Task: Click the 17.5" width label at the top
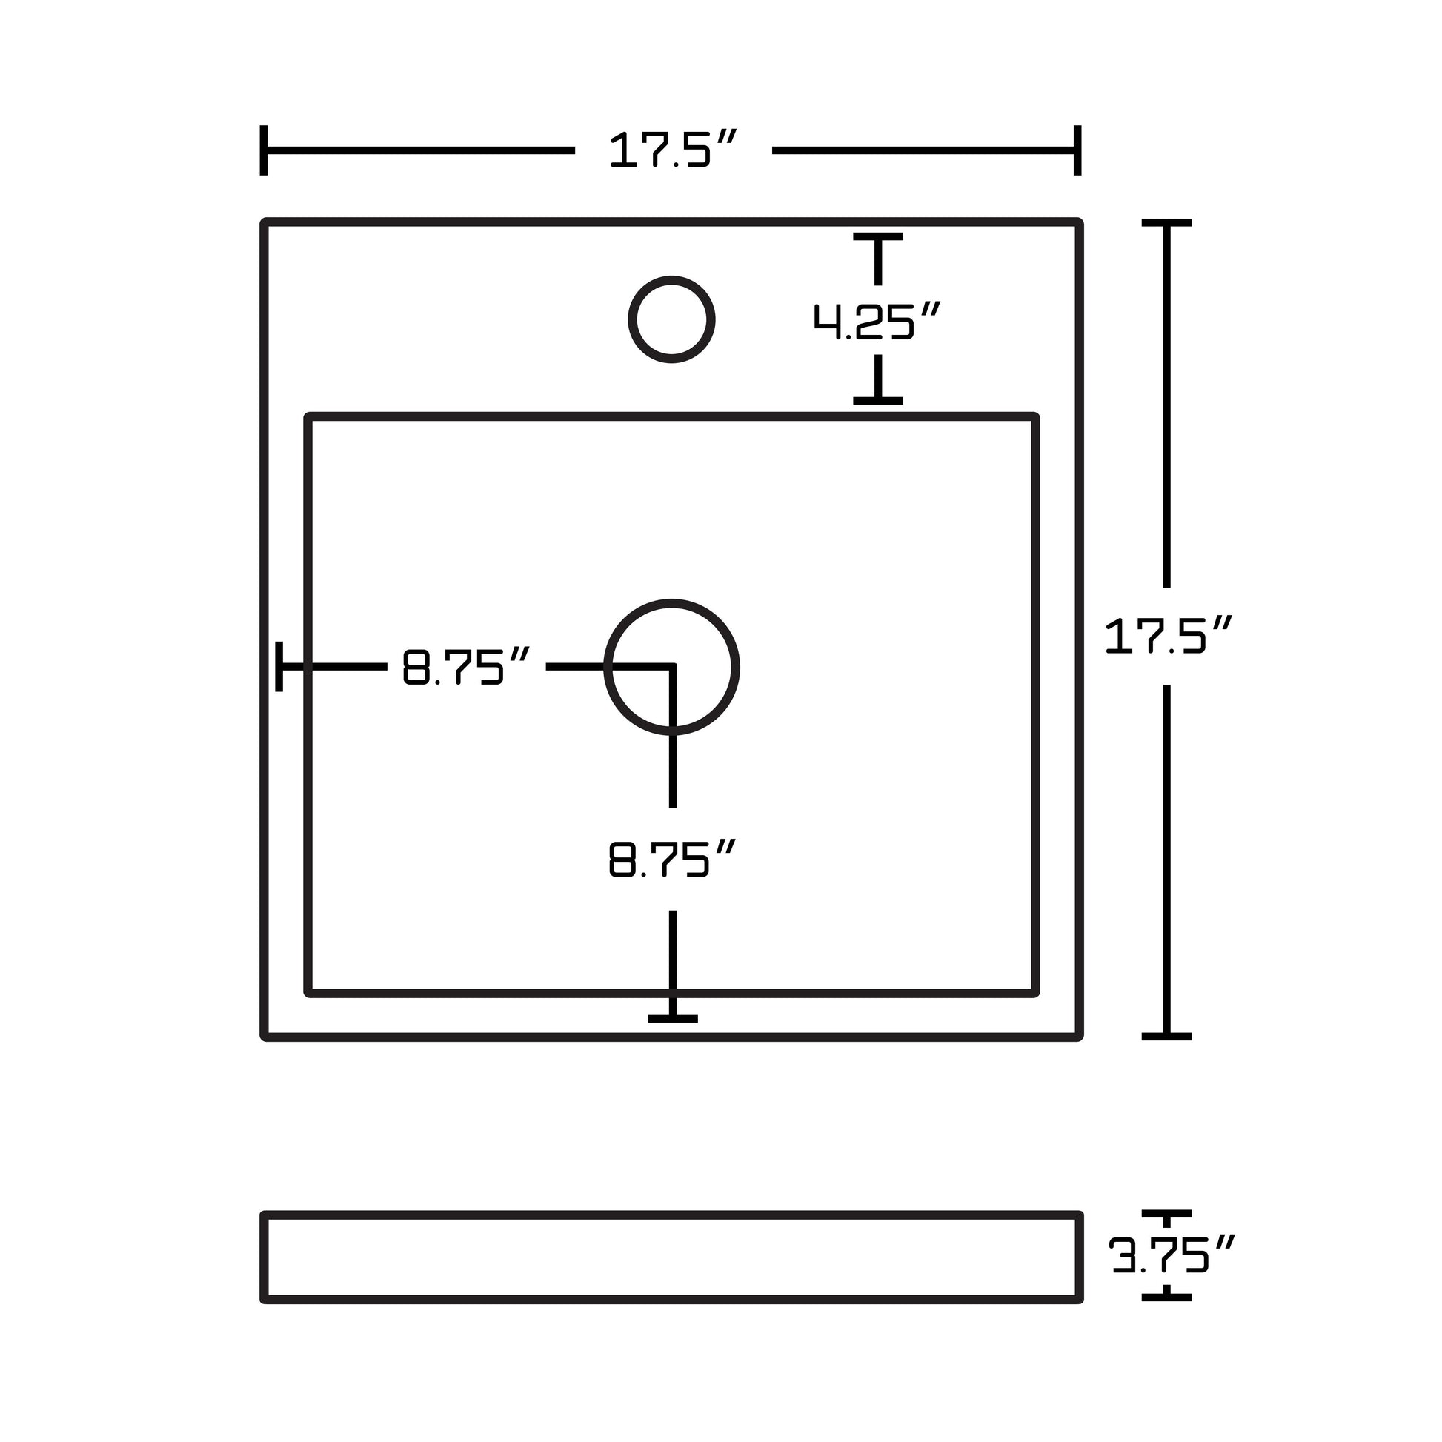[672, 150]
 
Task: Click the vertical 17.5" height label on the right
[1166, 636]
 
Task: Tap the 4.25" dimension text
[877, 322]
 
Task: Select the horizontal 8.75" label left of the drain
[466, 666]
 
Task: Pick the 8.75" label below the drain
[672, 859]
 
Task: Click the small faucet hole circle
[672, 319]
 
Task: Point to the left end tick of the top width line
[264, 150]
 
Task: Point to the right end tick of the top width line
[1077, 150]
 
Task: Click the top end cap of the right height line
[1166, 222]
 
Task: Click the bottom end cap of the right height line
[1166, 1036]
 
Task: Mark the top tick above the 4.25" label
[878, 236]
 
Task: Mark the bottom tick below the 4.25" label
[878, 401]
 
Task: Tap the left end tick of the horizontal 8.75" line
[279, 665]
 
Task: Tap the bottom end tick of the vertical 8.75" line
[673, 1018]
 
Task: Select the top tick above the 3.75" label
[1166, 1214]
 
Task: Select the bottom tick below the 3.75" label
[1166, 1298]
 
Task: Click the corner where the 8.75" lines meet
[673, 665]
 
